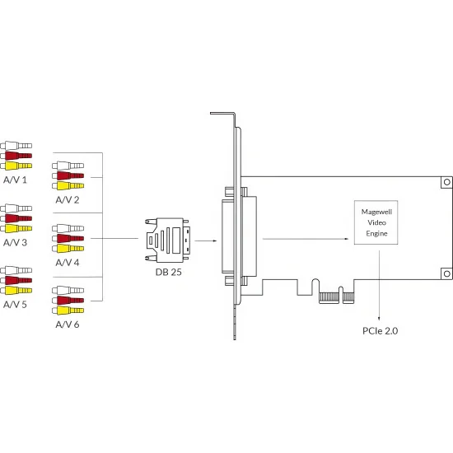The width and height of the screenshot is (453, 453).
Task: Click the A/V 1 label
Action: (x=15, y=180)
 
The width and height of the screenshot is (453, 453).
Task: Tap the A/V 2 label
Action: (x=68, y=199)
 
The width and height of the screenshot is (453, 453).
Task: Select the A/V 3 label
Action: (x=15, y=242)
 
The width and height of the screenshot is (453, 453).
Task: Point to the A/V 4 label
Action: (x=68, y=262)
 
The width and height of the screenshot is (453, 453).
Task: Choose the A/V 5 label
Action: (x=15, y=304)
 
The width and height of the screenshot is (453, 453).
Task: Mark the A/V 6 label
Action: (x=68, y=325)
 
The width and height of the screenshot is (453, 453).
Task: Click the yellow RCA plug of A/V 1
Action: (x=16, y=166)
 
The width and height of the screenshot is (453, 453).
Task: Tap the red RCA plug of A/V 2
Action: (x=68, y=175)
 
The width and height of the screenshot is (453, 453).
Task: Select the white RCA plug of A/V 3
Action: (x=16, y=208)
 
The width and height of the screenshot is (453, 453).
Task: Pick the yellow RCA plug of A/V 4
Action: (x=68, y=248)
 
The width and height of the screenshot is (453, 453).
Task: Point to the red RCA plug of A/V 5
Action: (x=16, y=280)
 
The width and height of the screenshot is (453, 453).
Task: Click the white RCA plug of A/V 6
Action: (x=68, y=290)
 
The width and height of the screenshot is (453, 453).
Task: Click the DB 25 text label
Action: (x=168, y=272)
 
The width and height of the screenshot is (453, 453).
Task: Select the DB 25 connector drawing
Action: (x=167, y=241)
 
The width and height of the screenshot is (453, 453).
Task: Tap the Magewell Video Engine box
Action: (x=376, y=222)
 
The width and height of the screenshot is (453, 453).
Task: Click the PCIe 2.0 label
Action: (x=381, y=331)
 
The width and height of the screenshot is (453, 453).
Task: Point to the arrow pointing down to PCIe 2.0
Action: (x=379, y=286)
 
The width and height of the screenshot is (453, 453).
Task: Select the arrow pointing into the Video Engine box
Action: (x=306, y=239)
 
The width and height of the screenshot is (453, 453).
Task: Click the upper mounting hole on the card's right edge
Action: (x=447, y=182)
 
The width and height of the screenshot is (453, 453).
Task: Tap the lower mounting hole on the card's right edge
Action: (x=447, y=273)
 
